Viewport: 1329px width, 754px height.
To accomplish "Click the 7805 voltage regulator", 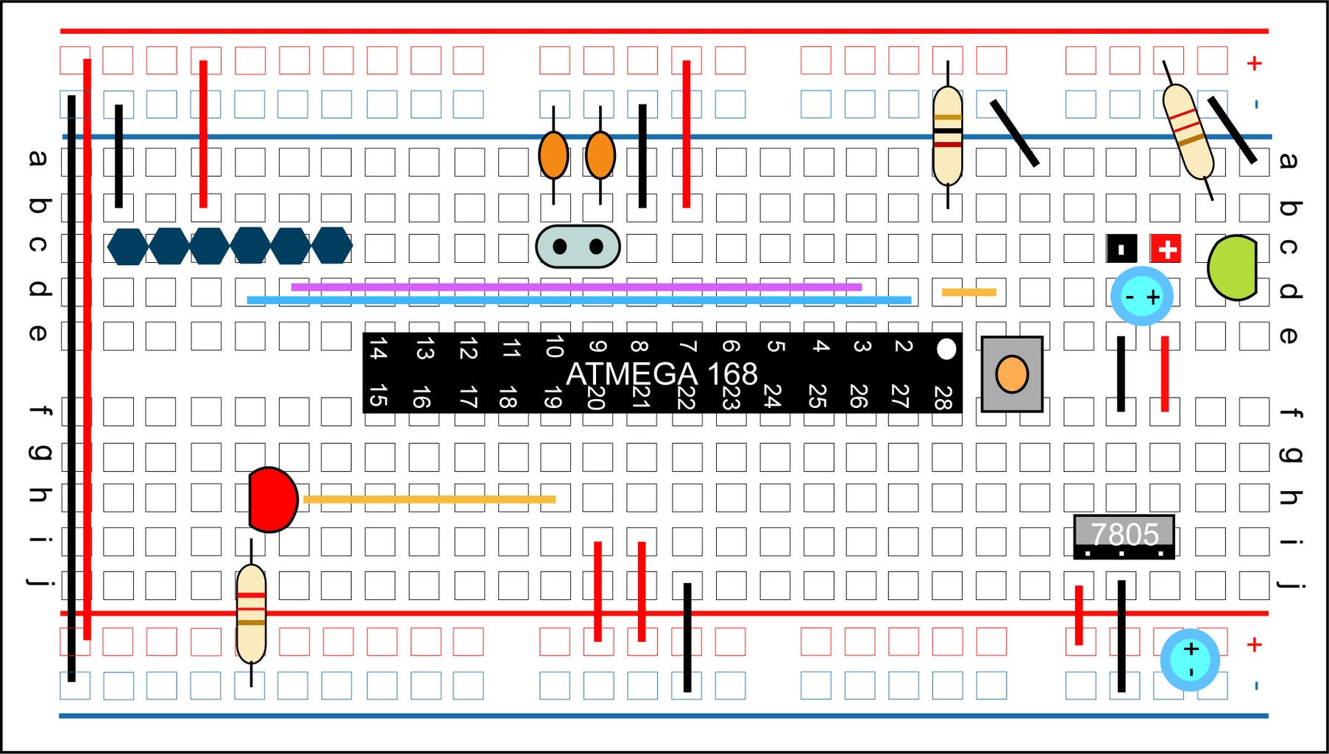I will point(1124,535).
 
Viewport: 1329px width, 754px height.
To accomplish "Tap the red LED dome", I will point(272,499).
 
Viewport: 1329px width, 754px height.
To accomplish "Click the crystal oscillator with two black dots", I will point(578,246).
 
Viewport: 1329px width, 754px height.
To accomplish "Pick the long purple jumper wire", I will point(576,287).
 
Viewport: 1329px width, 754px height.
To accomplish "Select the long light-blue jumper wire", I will point(578,300).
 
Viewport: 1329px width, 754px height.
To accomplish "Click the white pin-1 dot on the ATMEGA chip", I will point(946,349).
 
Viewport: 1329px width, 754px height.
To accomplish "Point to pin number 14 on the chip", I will point(378,348).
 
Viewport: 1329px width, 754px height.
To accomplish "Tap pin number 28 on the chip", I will point(943,398).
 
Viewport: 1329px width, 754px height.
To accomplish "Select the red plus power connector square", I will point(1166,249).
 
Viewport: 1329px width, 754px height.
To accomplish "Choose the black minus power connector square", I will point(1121,249).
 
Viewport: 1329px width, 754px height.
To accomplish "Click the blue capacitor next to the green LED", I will point(1141,297).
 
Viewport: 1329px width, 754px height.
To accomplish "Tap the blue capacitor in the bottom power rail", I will point(1190,660).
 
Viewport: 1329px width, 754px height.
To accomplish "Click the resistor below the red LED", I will point(251,613).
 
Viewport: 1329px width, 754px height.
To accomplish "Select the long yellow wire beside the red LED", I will point(429,499).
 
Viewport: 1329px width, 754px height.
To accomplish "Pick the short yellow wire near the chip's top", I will point(968,292).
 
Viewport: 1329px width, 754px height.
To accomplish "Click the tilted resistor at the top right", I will point(1187,132).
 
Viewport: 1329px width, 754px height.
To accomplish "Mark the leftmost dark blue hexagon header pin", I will point(128,246).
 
